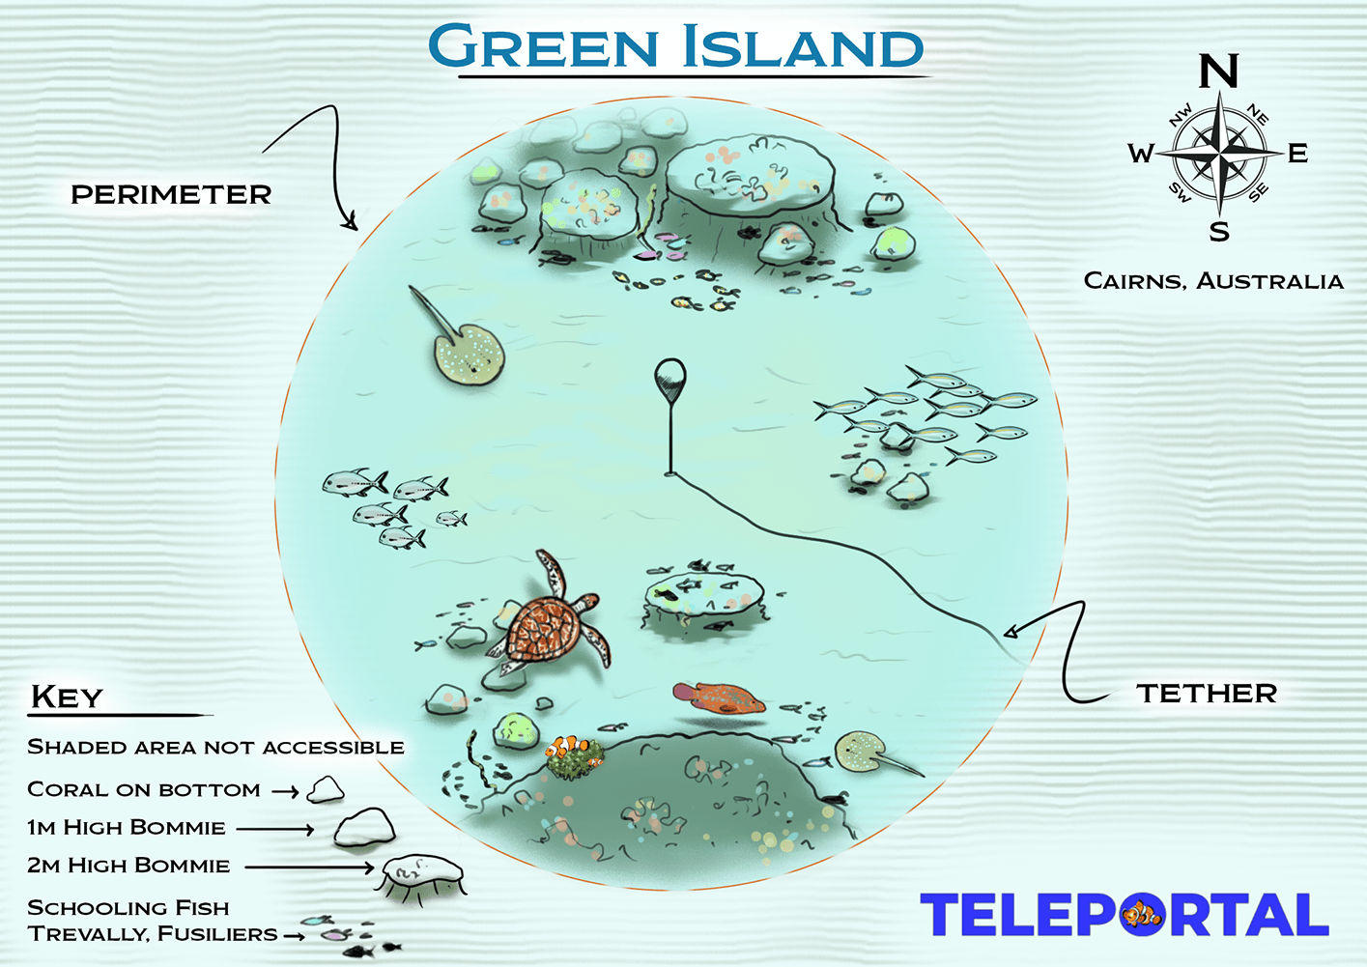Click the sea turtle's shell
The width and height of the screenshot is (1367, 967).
coord(544,629)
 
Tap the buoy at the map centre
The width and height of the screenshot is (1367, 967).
coord(669,376)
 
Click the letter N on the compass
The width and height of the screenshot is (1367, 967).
coord(1218,71)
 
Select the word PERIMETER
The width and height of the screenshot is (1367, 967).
coord(171,194)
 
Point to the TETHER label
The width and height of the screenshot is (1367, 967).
coord(1207,693)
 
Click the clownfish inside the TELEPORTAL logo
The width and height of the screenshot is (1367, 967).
coord(1142,913)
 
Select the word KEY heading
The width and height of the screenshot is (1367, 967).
coord(66,697)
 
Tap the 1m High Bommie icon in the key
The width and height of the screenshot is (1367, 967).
coord(364,828)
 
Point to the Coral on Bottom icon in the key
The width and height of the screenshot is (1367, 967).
coord(326,790)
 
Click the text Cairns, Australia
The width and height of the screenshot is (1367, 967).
coord(1213,281)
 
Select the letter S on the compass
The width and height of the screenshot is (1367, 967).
coord(1219,232)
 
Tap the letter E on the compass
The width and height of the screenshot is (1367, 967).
coord(1297,153)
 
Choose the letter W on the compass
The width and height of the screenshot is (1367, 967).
coord(1141,154)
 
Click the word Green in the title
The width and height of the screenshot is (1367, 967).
coord(543,45)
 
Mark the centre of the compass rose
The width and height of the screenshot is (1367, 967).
coord(1219,153)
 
